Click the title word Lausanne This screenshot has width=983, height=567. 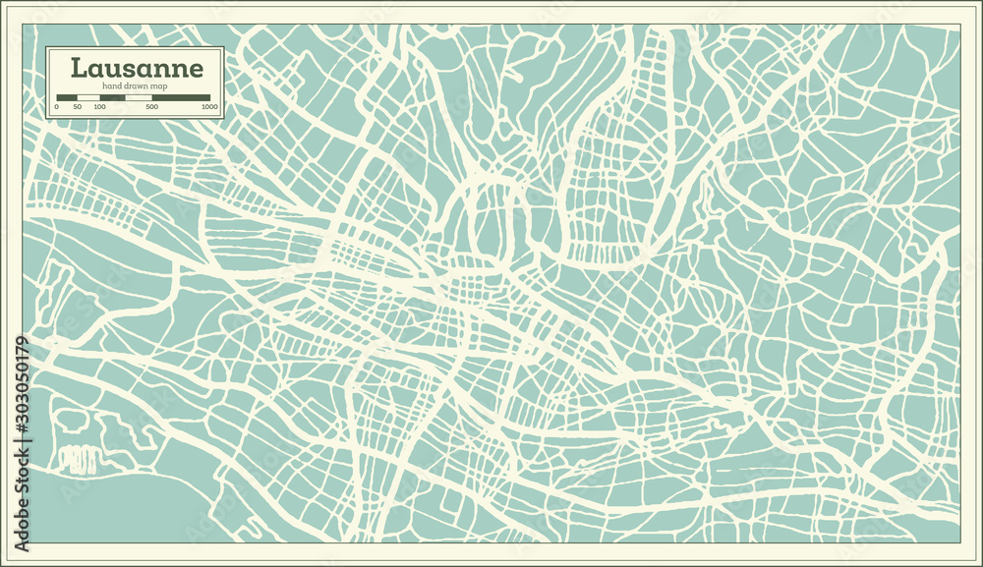pos(137,69)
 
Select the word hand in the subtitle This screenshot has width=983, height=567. pos(111,86)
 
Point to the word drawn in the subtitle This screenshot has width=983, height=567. pos(137,86)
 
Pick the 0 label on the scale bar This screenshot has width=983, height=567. pos(57,106)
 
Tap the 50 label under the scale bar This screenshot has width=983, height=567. pos(77,106)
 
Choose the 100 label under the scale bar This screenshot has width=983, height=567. pos(99,106)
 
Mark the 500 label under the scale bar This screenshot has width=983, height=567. pos(151,106)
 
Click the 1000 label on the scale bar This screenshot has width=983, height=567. pos(208,106)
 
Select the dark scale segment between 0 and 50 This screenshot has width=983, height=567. pos(67,97)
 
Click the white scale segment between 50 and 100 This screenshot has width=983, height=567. pos(88,97)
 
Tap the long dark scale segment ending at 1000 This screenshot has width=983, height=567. pos(181,97)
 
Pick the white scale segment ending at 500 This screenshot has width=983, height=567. pos(139,97)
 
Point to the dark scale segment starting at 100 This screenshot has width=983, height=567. pos(112,97)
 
